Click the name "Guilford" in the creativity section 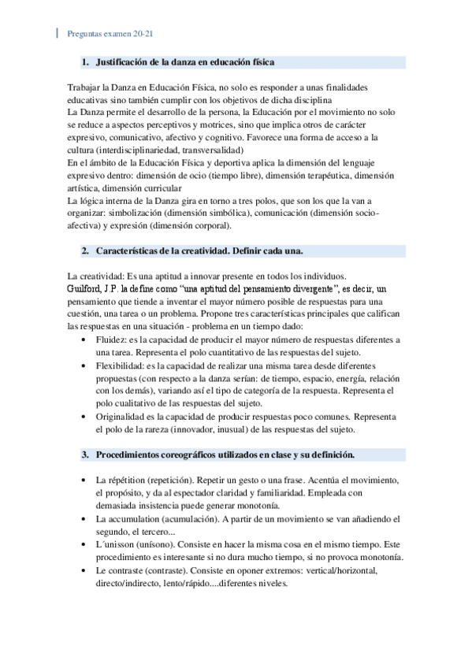(x=87, y=288)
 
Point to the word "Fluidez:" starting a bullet (x=112, y=339)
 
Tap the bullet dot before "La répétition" (x=84, y=480)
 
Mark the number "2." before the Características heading (x=84, y=251)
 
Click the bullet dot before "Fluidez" (x=84, y=339)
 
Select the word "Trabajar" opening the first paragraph (x=87, y=86)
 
